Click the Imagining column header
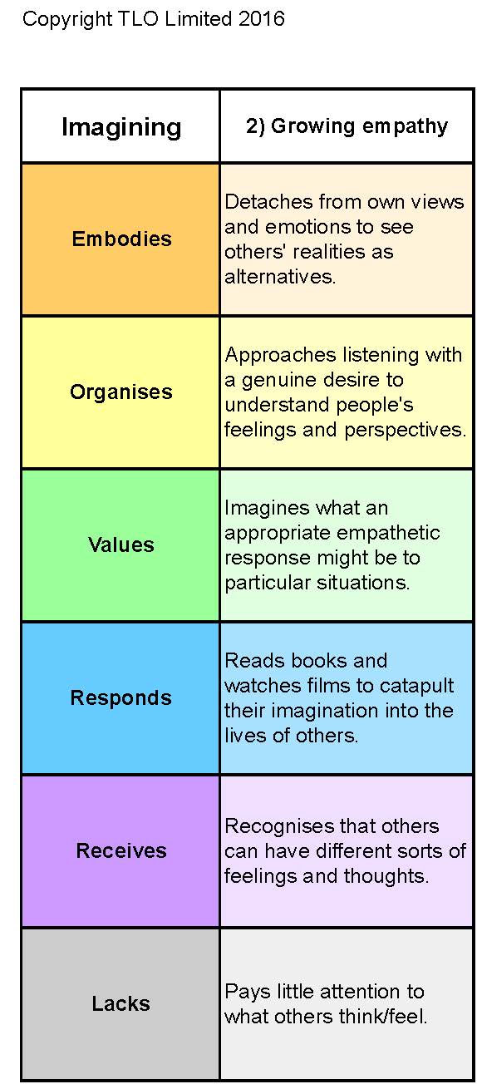121,128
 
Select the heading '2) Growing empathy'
347,126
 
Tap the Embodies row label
122,239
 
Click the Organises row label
121,392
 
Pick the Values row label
121,544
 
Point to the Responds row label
121,698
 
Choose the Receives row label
121,850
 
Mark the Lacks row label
121,1003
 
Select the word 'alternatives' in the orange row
278,277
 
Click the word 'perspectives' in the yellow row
404,431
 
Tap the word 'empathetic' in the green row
386,534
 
